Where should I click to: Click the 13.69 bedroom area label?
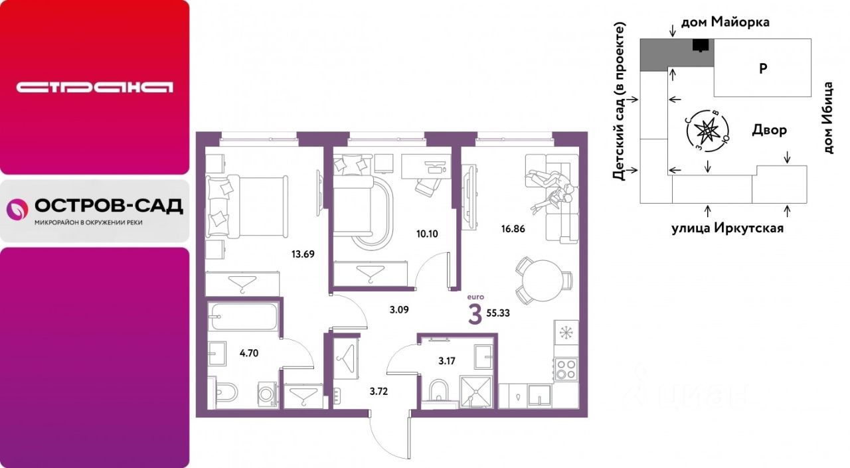[x=303, y=254]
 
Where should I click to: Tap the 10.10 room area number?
[x=427, y=234]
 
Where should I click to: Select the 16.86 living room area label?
[x=513, y=229]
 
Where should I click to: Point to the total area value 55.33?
[x=498, y=313]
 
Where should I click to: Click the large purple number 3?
[x=475, y=315]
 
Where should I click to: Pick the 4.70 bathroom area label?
[x=249, y=353]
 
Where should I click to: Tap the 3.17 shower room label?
[x=447, y=361]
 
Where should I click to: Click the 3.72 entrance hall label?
[x=379, y=392]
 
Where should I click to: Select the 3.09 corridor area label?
[x=399, y=310]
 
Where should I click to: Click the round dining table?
[x=543, y=281]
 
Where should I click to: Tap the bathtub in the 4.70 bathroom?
[x=244, y=316]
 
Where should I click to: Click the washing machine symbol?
[x=268, y=394]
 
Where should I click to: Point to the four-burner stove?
[x=566, y=369]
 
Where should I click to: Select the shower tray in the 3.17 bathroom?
[x=476, y=392]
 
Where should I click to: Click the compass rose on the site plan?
[x=708, y=131]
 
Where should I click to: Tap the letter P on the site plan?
[x=763, y=68]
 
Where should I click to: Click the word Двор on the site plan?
[x=770, y=130]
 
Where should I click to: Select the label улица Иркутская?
[x=727, y=228]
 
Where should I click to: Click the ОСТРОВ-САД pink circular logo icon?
[x=17, y=209]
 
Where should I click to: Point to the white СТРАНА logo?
[x=94, y=87]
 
